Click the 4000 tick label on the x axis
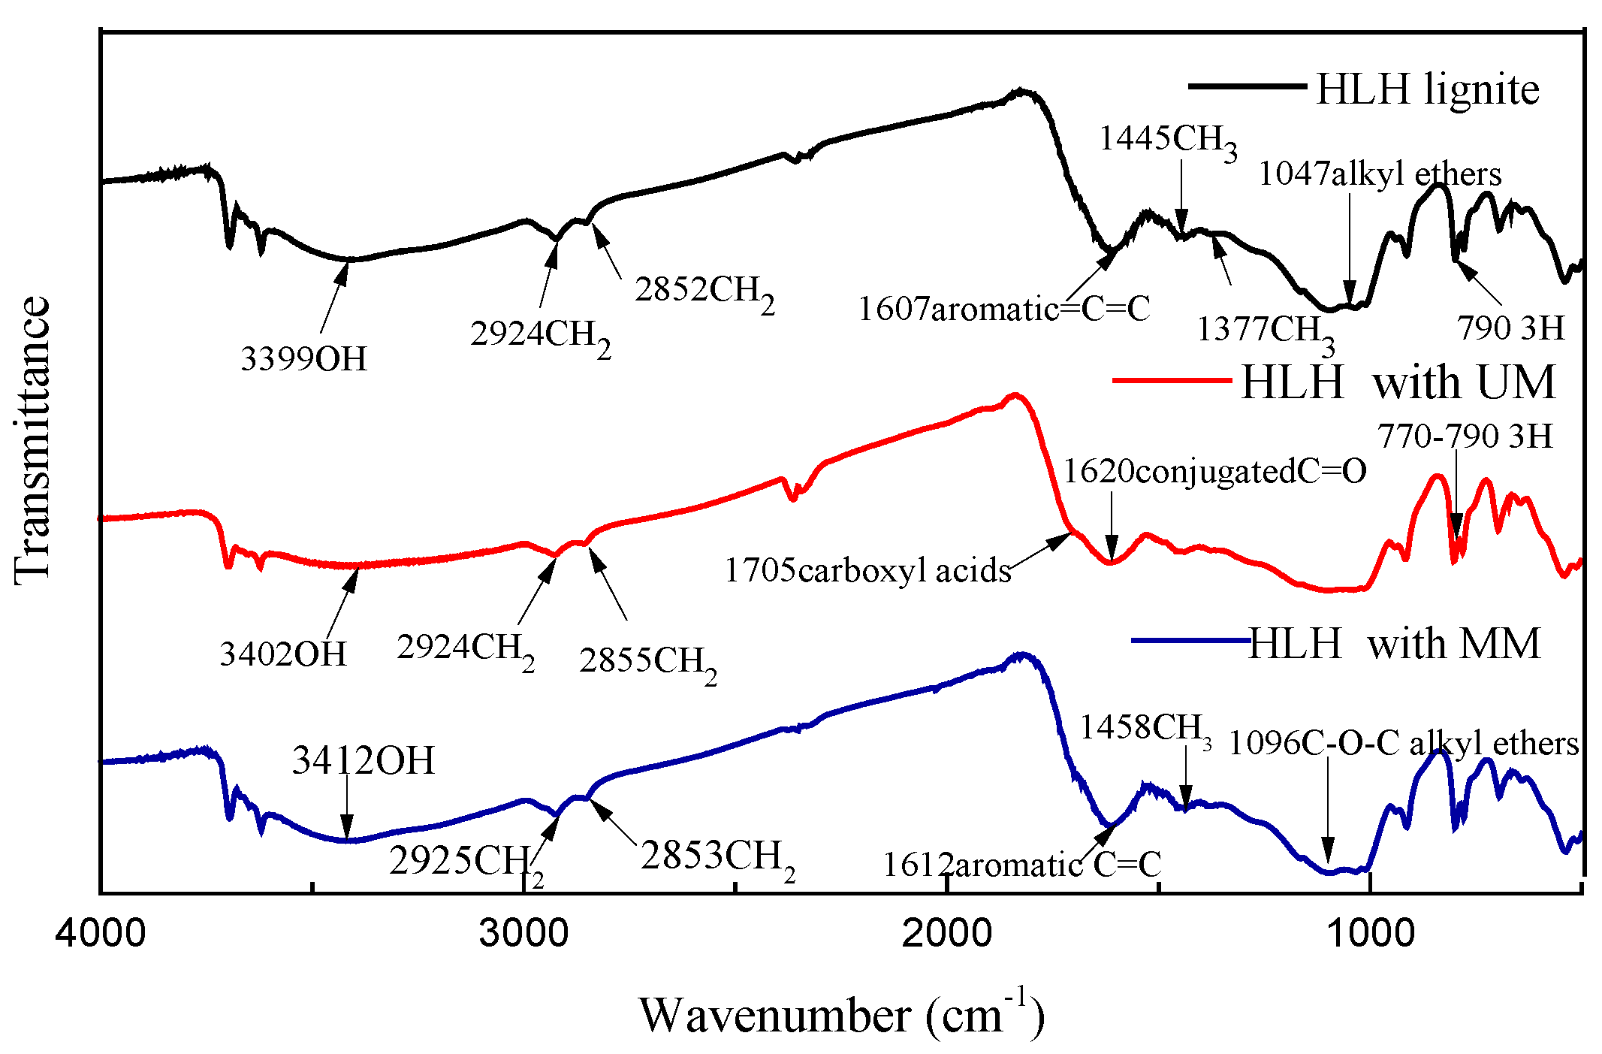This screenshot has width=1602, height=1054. point(100,934)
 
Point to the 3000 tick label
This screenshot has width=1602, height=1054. point(523,934)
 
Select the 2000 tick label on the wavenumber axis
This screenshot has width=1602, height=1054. point(947,934)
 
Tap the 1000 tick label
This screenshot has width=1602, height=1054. point(1371,934)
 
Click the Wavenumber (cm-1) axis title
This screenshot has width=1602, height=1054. point(841,1016)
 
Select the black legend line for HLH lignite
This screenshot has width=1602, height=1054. point(1247,86)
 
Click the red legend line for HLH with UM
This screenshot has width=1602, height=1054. point(1172,381)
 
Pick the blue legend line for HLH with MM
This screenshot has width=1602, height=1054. point(1190,641)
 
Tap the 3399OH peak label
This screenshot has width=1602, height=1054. point(303,359)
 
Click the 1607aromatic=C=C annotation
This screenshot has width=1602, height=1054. point(1003,309)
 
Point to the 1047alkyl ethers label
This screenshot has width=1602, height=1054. point(1380,174)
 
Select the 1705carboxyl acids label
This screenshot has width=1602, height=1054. point(867,571)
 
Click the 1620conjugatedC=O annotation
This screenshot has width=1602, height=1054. point(1214,472)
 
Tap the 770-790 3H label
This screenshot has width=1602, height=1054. point(1465,436)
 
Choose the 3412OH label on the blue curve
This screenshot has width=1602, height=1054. point(364,761)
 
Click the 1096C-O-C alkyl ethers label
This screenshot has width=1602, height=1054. point(1403,744)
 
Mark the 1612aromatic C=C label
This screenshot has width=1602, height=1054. point(1021,865)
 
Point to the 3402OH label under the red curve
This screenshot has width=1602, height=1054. point(283,654)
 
